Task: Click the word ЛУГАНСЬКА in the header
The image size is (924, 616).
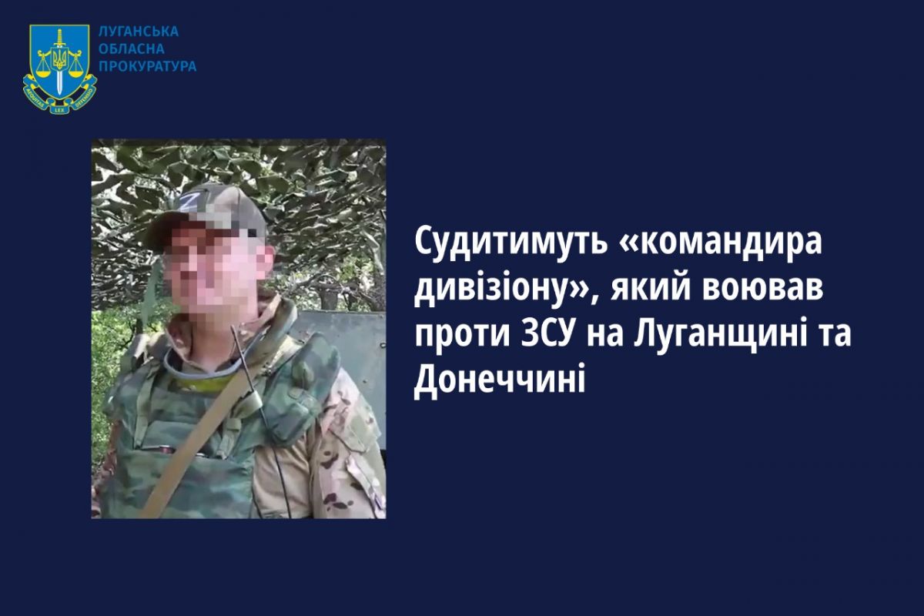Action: coord(139,32)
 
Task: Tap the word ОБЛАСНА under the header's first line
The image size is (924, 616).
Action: coord(132,49)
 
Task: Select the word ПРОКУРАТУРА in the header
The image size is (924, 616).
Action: coord(148,66)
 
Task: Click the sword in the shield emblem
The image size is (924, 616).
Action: coord(60,61)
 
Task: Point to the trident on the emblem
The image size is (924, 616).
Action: coord(60,60)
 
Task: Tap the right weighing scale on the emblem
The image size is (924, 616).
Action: coord(75,66)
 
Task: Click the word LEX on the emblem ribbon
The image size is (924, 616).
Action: coord(59,110)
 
